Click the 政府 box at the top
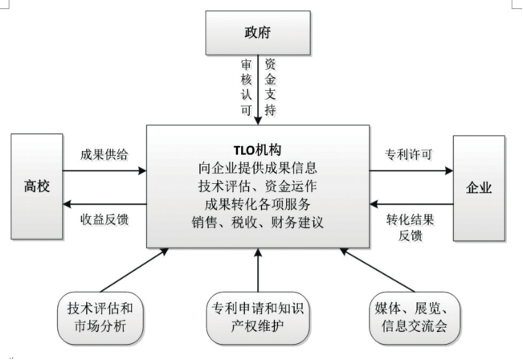tap(255, 33)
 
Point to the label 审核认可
tap(246, 85)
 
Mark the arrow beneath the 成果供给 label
tap(104, 170)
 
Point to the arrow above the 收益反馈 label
tap(104, 203)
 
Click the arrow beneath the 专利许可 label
tap(411, 170)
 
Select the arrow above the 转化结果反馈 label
tap(411, 203)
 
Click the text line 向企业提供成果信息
tap(258, 169)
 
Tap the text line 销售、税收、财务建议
tap(258, 222)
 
